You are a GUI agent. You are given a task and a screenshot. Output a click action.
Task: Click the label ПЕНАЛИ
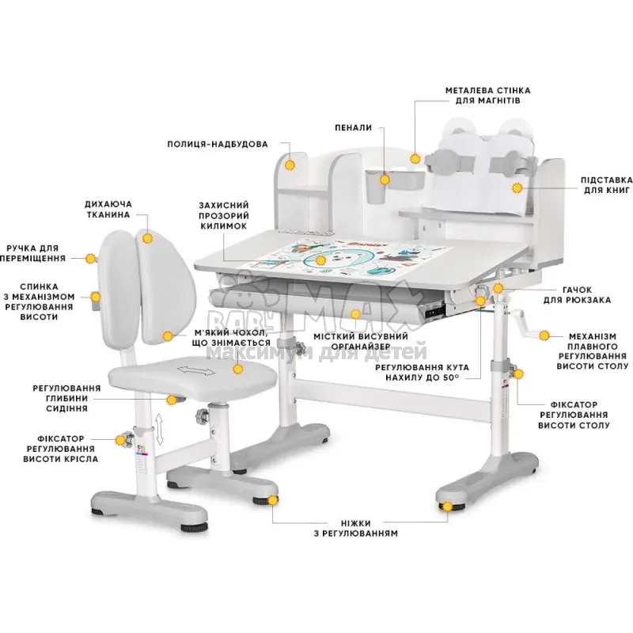pos(353,127)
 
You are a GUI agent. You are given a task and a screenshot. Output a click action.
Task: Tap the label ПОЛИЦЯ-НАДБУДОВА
pos(218,144)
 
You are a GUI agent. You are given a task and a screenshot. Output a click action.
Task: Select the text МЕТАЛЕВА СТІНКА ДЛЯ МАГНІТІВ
pos(487,95)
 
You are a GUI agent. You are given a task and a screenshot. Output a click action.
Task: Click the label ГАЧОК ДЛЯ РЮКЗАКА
pos(577,294)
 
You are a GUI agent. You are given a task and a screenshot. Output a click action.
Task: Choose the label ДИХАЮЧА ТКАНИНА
pos(108,209)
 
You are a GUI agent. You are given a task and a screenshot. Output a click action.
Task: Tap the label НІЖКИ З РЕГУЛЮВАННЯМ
pos(355,529)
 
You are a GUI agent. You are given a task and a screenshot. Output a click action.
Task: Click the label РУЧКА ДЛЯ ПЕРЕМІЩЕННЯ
pos(32,253)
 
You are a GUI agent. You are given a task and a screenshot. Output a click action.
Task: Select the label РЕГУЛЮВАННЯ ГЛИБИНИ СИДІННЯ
pos(66,398)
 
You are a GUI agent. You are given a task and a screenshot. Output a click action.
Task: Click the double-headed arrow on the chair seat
pos(196,370)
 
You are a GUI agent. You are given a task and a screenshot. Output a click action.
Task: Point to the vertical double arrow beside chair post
pos(160,429)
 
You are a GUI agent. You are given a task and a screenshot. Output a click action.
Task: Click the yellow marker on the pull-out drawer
pos(355,313)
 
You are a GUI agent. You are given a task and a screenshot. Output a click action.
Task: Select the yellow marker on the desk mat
pos(320,260)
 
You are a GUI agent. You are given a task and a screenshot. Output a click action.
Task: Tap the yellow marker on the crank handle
pos(544,335)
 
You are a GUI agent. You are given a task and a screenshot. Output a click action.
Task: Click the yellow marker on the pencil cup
pos(385,179)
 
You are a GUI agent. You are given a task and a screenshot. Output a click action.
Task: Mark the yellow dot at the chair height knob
pos(120,440)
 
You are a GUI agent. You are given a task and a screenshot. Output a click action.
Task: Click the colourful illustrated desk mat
pos(351,260)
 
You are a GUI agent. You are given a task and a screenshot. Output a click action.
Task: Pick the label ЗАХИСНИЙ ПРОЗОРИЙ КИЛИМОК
pos(224,215)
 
